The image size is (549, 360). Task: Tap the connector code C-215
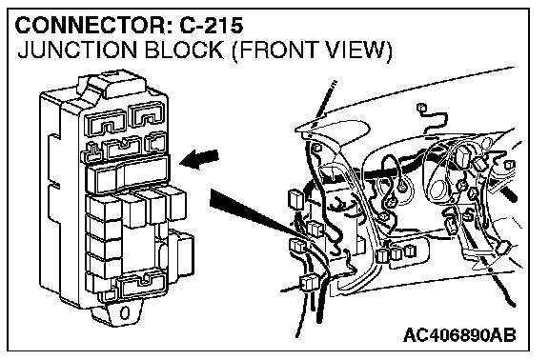coord(212,26)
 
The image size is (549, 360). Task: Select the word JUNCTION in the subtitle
coord(77,50)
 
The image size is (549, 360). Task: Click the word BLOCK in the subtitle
coord(183,50)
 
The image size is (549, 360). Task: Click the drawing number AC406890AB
coord(459,335)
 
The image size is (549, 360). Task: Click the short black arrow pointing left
coord(199,159)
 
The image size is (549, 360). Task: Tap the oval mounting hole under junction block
coord(125,312)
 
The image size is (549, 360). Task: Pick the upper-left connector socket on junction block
coord(107,123)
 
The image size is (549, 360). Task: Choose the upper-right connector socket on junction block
coord(148,114)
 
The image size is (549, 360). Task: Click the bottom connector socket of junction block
coord(141,285)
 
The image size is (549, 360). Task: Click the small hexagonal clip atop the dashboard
coord(421,108)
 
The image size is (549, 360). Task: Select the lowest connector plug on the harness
coord(308,284)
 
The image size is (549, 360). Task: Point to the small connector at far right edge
coord(509,165)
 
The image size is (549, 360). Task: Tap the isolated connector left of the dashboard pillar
coord(295,199)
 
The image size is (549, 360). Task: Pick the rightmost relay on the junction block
coord(177,204)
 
